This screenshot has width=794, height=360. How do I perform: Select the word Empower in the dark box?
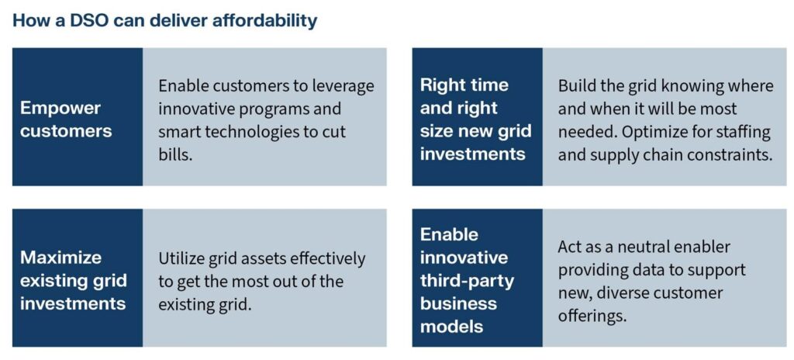[60, 109]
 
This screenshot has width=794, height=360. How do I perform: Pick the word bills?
[175, 154]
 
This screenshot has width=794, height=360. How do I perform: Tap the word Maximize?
[60, 258]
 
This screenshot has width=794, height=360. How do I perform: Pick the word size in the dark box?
[437, 132]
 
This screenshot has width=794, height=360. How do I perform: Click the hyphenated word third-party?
[467, 282]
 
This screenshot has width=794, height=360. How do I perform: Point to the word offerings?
[592, 316]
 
